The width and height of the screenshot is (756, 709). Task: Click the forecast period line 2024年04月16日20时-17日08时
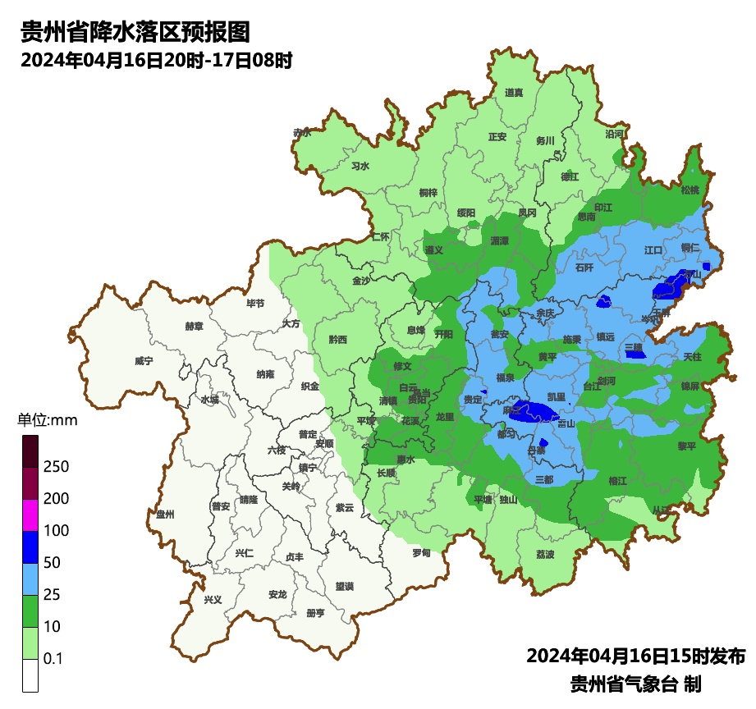coord(156,61)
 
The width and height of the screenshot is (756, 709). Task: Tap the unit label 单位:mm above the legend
coord(47,421)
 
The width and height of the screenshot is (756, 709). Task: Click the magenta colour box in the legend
coord(30,515)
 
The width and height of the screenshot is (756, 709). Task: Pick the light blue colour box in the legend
coord(30,579)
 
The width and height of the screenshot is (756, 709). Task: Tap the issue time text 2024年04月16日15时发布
coord(635,656)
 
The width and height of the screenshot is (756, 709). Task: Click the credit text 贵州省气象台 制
coord(635,684)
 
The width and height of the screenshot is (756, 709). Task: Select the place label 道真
coord(514,93)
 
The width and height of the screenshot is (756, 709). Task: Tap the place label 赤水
coord(302,132)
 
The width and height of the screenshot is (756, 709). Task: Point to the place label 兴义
coord(213,600)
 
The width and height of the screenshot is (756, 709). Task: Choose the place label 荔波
coord(545,554)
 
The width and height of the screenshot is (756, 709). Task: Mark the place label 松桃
coord(690,190)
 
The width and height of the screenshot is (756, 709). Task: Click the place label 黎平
coord(686,446)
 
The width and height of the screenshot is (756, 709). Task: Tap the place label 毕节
coord(255,304)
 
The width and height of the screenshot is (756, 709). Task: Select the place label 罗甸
coord(421,553)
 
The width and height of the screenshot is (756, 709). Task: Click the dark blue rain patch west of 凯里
coord(532,412)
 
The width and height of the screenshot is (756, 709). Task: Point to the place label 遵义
coord(433,249)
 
